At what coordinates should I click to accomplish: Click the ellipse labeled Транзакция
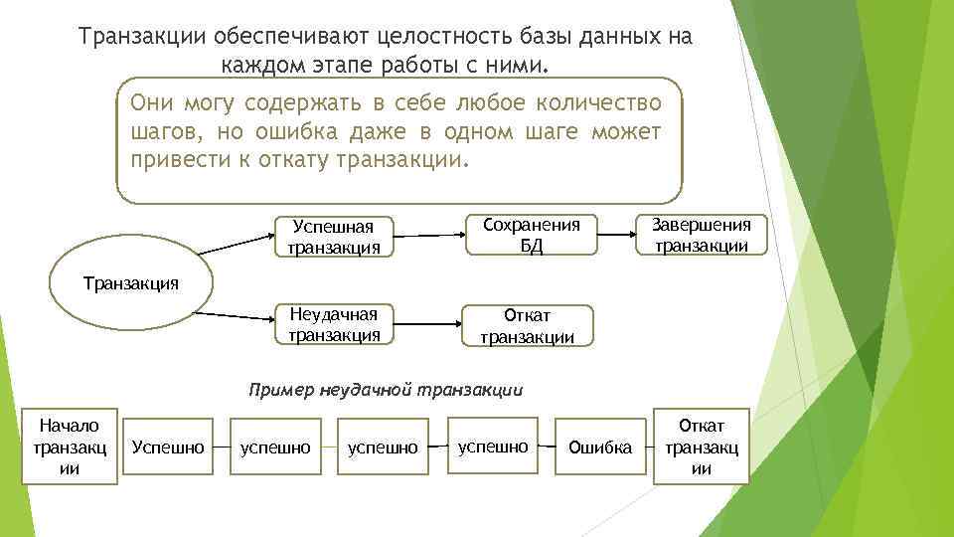(129, 283)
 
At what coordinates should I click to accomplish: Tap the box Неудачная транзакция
(334, 323)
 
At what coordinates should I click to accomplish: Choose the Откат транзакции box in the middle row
(528, 326)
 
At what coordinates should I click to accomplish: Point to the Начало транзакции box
(71, 447)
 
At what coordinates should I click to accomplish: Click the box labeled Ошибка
(599, 447)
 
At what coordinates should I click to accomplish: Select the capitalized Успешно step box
(168, 447)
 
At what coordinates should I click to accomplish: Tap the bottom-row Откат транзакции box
(702, 447)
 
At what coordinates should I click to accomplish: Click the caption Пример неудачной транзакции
(385, 389)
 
